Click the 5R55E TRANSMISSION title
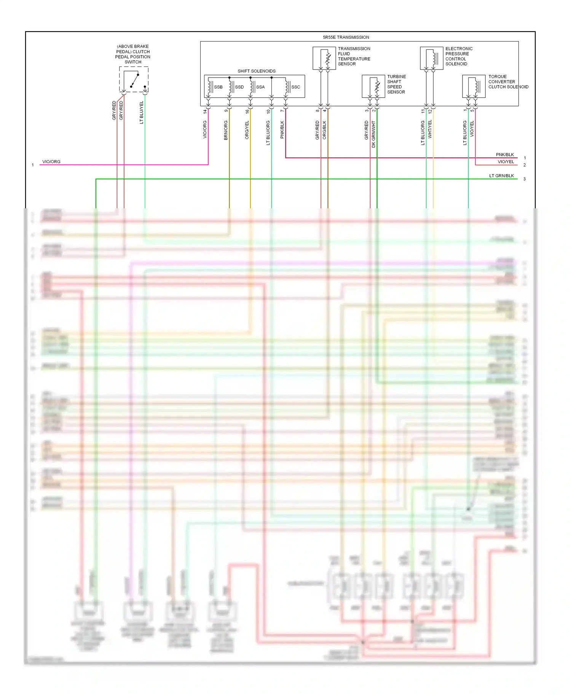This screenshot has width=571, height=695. coord(346,37)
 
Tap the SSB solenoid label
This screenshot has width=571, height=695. coord(218,87)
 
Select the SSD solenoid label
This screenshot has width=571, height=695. coord(239,87)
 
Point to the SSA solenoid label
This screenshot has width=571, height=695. coord(260,87)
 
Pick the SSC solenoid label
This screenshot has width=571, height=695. coord(295,87)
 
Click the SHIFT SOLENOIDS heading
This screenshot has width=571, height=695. coord(256,71)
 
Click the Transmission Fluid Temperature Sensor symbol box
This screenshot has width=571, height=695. coord(324,58)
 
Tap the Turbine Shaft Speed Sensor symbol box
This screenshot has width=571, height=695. coord(373,86)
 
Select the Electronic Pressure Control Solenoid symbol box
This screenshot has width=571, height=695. coord(431,58)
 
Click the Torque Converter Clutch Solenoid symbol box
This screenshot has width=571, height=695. coord(474,86)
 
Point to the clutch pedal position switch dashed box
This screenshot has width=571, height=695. coord(134,79)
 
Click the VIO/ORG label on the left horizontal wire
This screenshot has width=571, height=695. coord(51,162)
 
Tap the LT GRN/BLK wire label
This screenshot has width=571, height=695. coord(501,176)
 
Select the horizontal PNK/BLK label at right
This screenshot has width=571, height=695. coord(505,155)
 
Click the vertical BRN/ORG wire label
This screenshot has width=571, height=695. coord(226,130)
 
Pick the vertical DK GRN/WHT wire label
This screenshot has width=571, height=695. coord(373,134)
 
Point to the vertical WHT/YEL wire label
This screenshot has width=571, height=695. coord(430,129)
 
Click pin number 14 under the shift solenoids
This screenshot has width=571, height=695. coord(205,111)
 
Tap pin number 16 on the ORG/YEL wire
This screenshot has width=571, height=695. coord(247,111)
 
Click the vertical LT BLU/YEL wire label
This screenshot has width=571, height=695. coord(142,113)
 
